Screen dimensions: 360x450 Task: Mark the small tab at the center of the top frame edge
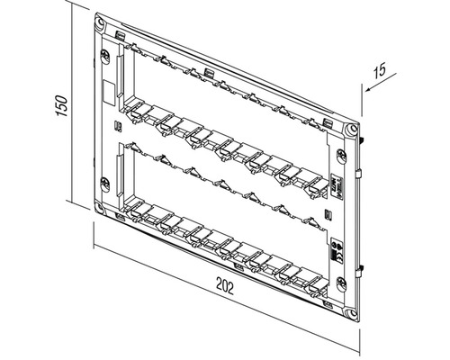(208, 72)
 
